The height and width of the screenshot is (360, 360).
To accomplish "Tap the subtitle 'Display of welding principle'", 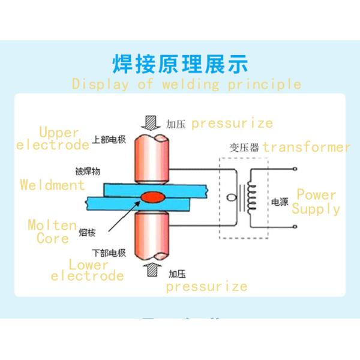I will point(186,83).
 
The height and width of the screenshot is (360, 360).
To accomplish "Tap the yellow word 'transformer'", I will point(306,147).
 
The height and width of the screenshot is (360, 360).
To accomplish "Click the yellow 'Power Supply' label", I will point(316,202).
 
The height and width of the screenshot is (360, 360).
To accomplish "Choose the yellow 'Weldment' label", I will point(52,185).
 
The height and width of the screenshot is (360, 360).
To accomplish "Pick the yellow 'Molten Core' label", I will point(52,231).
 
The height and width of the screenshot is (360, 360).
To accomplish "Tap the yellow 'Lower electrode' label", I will point(88,270).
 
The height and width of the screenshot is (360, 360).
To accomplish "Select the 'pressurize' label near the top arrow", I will point(232,124).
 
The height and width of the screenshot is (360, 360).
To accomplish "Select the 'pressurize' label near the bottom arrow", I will point(206,286).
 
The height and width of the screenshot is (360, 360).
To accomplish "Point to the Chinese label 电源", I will point(280,202).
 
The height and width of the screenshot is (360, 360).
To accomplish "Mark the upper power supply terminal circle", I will point(296,170).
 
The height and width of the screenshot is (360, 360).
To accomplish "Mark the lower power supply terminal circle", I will point(296,227).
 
